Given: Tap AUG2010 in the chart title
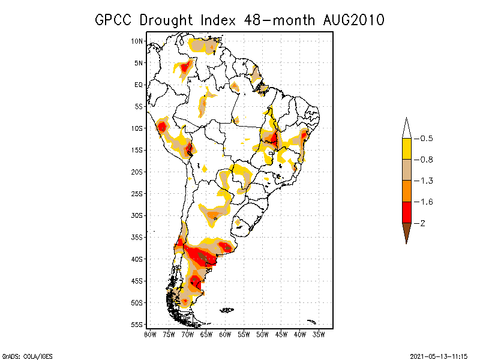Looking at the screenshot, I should coord(351,20).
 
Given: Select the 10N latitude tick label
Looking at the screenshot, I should coord(137,41).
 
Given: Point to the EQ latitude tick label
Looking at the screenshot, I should coord(139,85).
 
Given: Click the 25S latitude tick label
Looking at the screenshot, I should coord(137,194).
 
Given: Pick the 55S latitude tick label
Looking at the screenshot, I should coord(137,325).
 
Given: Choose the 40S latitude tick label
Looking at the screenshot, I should coord(137,259).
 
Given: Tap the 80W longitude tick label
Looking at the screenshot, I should coord(150,334).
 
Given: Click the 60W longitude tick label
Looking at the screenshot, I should coord(225,334).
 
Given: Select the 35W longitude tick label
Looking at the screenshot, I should coord(319,334).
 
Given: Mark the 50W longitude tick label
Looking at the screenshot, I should coord(262,334).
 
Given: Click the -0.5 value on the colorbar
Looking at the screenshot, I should coord(426,139).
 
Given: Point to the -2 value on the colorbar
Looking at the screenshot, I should coord(424,223).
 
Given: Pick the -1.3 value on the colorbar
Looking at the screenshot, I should coord(426,181).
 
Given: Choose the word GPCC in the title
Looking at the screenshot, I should coord(115,20).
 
